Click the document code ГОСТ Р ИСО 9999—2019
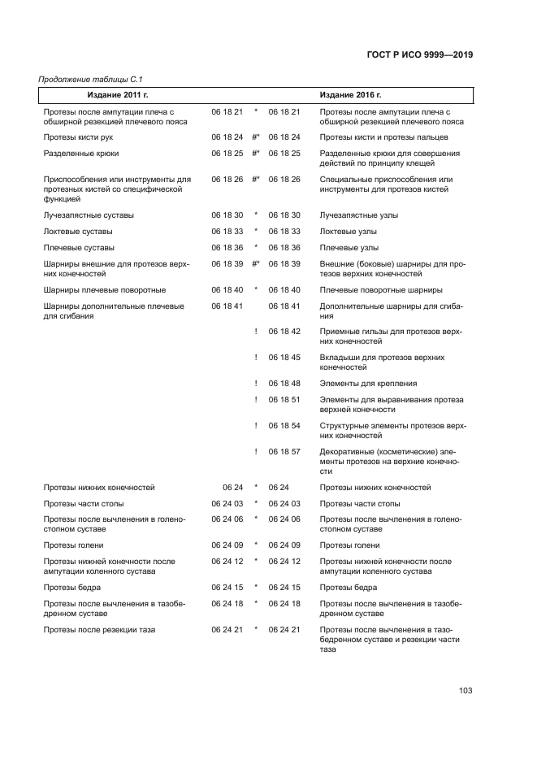(418, 55)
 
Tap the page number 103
(466, 691)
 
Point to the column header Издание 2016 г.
(350, 95)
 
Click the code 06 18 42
(284, 332)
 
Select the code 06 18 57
(284, 451)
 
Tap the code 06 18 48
(284, 384)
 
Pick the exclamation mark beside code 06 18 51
(256, 400)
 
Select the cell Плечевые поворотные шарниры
(381, 290)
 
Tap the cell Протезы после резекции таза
(99, 630)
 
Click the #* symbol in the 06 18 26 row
(256, 180)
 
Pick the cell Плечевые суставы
(78, 248)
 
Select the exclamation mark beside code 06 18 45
(256, 358)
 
